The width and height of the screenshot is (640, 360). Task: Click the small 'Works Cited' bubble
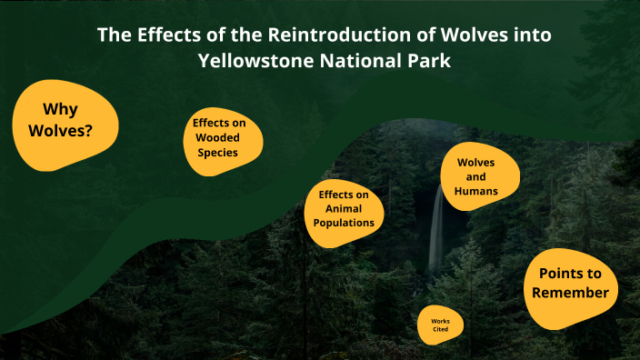pyautogui.click(x=440, y=325)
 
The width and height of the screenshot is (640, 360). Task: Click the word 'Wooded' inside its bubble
pyautogui.click(x=219, y=137)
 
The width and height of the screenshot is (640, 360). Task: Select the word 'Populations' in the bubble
pyautogui.click(x=344, y=222)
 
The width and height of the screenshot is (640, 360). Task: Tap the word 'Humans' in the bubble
pyautogui.click(x=476, y=191)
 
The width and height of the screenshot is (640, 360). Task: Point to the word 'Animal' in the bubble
pyautogui.click(x=344, y=208)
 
